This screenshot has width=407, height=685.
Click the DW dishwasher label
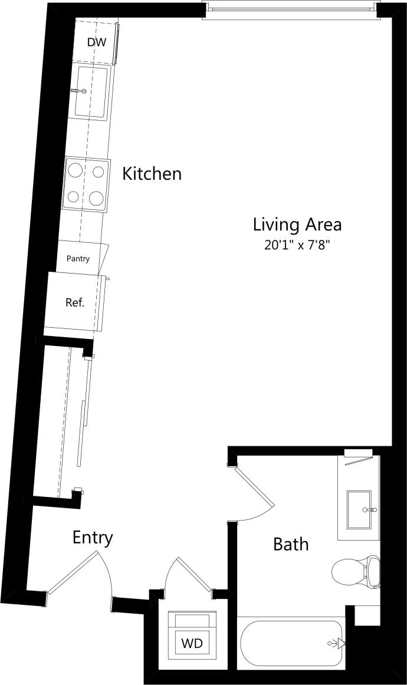pyautogui.click(x=96, y=42)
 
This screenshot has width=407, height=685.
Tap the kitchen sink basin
pyautogui.click(x=91, y=93)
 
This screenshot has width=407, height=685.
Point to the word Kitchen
pyautogui.click(x=152, y=174)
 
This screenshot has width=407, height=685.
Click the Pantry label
pyautogui.click(x=78, y=259)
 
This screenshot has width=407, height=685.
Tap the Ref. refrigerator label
pyautogui.click(x=75, y=303)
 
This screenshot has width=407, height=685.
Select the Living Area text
pyautogui.click(x=297, y=225)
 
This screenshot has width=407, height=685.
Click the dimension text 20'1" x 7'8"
pyautogui.click(x=297, y=245)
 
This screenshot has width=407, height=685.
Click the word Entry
pyautogui.click(x=93, y=538)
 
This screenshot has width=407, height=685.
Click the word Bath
pyautogui.click(x=291, y=544)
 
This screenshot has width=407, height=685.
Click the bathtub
pyautogui.click(x=291, y=644)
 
